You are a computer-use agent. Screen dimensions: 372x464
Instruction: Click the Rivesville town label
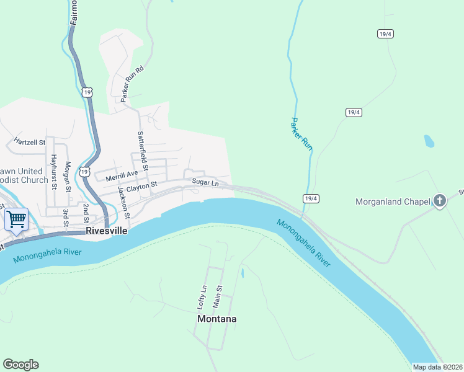(106, 231)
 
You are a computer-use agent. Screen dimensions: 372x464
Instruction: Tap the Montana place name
(216, 319)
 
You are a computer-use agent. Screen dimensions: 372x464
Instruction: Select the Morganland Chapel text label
(393, 201)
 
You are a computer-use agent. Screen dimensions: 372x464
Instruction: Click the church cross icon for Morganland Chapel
(440, 201)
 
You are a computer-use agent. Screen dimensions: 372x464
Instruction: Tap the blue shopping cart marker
(16, 218)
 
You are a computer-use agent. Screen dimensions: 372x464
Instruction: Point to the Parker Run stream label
(301, 133)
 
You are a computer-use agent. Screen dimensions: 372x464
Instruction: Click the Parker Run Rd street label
(132, 84)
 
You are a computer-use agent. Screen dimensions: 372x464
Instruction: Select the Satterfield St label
(143, 151)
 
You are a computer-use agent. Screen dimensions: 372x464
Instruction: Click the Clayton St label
(142, 186)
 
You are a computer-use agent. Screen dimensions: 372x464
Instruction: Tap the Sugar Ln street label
(205, 183)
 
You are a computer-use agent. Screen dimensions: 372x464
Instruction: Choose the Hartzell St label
(30, 142)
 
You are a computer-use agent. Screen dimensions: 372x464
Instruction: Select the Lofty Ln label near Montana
(201, 298)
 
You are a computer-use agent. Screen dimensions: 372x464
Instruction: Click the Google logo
(20, 365)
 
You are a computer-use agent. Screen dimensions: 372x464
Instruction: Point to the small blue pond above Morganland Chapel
(429, 141)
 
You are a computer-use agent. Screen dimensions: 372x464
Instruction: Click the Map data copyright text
(437, 367)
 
